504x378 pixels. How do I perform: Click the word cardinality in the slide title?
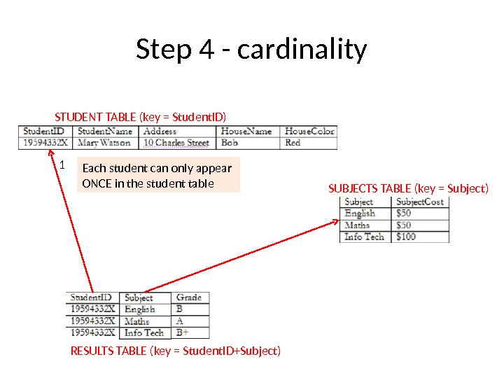[x=302, y=50]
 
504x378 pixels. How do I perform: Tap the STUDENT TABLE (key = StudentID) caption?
[x=141, y=116]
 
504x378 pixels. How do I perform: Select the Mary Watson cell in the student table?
[x=104, y=143]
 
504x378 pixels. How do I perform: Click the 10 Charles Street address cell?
[x=176, y=143]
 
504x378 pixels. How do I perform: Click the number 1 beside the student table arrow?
[x=61, y=167]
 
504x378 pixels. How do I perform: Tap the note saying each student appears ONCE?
[x=157, y=176]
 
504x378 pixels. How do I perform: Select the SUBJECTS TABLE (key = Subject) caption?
[x=408, y=188]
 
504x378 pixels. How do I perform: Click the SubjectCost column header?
[x=419, y=202]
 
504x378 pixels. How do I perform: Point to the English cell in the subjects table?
[x=360, y=213]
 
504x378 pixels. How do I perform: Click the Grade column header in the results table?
[x=188, y=297]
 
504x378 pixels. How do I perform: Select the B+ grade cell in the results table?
[x=183, y=332]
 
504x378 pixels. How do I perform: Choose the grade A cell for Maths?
[x=180, y=321]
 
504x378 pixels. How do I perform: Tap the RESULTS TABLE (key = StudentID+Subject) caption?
[x=176, y=350]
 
